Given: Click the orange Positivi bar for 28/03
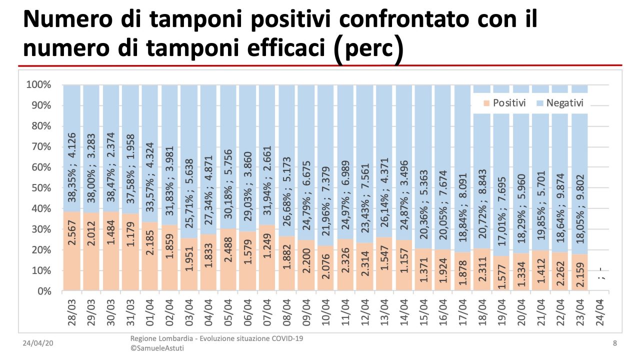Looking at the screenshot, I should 72,250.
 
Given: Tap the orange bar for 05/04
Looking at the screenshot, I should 228,260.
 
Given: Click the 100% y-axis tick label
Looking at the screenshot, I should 38,84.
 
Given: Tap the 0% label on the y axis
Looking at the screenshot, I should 44,291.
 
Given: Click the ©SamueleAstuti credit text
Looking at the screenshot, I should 157,348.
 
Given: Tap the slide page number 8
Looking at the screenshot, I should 614,343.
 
